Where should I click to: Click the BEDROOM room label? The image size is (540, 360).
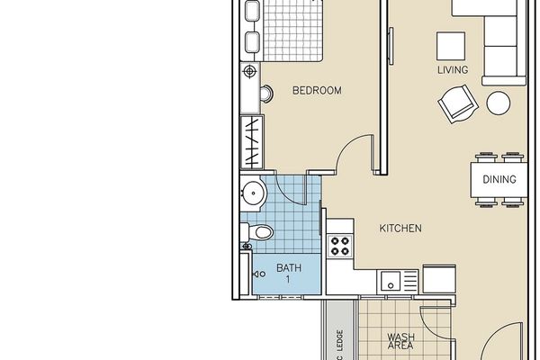click(x=317, y=91)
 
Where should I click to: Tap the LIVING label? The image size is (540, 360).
click(x=453, y=70)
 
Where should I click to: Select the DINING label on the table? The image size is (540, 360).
click(x=499, y=179)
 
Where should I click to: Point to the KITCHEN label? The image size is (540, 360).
click(x=400, y=228)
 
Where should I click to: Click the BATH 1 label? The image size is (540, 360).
click(x=289, y=274)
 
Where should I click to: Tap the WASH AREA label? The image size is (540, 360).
click(x=400, y=341)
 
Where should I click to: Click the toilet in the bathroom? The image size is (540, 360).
click(x=257, y=232)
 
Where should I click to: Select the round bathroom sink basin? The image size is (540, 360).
click(x=253, y=193)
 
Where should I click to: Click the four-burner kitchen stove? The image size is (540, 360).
click(x=339, y=246)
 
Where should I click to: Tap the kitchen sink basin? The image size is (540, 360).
click(x=391, y=281)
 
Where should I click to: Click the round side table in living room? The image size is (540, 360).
click(x=499, y=103)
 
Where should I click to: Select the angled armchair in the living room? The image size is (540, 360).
click(x=458, y=103)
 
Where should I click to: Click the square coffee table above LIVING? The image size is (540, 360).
click(x=451, y=46)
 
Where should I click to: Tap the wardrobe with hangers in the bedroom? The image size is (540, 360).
click(x=252, y=142)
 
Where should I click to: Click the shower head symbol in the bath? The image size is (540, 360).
click(x=259, y=274)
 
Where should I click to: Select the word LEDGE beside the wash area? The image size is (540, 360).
click(x=339, y=340)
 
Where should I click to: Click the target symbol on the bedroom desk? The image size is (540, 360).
click(x=249, y=72)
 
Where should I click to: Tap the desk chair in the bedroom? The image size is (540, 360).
click(x=267, y=93)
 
